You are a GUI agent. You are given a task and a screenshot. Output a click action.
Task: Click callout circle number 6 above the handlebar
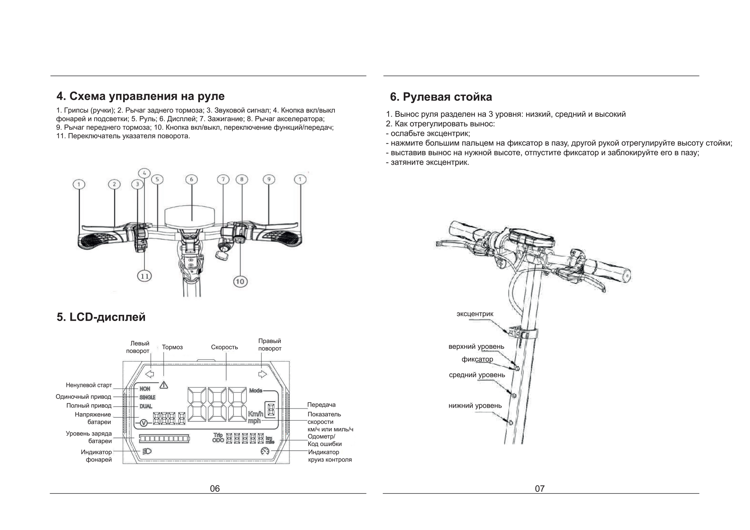tap(191, 179)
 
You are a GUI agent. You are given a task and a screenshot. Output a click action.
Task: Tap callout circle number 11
tap(145, 276)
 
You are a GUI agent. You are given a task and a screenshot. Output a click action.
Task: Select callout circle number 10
tap(240, 281)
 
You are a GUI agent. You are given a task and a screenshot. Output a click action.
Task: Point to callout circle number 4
tap(144, 173)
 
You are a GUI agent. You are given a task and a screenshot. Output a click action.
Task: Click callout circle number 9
tap(269, 179)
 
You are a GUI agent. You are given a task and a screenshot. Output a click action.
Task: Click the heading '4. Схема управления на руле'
tap(141, 96)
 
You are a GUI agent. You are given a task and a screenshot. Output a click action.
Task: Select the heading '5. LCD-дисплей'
tap(101, 317)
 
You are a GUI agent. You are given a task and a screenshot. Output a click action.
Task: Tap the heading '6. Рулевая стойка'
tap(441, 97)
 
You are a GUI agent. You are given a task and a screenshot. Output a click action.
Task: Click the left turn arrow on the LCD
tap(149, 374)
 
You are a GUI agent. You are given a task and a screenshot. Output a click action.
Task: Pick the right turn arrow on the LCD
tap(262, 374)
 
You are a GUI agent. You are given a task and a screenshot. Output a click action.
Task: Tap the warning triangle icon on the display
tap(164, 385)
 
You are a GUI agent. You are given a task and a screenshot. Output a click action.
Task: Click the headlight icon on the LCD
tap(147, 451)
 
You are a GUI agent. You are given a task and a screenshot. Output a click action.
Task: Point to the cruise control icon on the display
tap(265, 451)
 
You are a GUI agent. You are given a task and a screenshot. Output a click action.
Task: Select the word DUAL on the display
tap(146, 406)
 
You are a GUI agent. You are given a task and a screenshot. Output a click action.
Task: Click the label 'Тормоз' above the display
tap(172, 347)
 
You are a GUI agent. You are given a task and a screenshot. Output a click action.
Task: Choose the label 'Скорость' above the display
tap(224, 347)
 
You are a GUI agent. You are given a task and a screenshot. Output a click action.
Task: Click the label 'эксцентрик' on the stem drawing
tap(475, 314)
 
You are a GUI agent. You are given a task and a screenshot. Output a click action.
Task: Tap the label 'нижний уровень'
tap(475, 406)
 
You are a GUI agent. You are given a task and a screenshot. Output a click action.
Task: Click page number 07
tap(539, 489)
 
